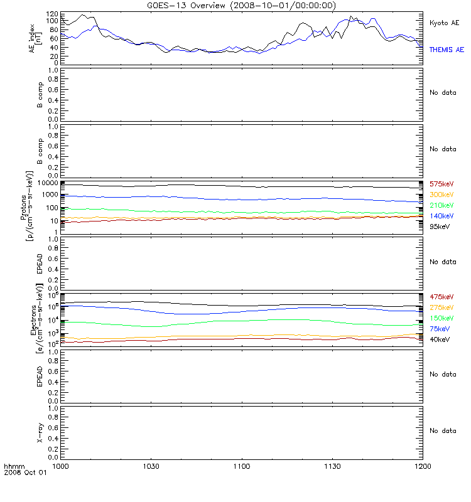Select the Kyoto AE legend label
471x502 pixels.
(445, 23)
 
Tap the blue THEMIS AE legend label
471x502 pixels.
(447, 49)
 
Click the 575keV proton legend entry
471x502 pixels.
(442, 184)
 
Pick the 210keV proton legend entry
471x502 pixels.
(442, 205)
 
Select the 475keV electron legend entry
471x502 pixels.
(442, 296)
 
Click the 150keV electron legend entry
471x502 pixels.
(442, 318)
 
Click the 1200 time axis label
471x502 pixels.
(423, 467)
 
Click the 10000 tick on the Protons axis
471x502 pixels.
(48, 183)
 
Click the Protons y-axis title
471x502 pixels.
(28, 201)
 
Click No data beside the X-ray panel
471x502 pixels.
(443, 430)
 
